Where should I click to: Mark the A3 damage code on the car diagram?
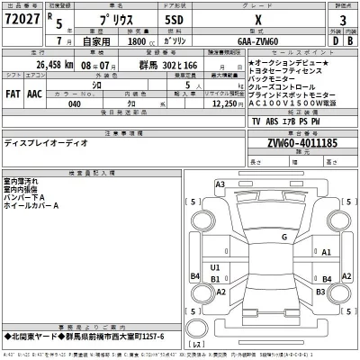(219, 184)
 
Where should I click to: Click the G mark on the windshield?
(283, 237)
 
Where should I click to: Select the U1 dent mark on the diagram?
(214, 268)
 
